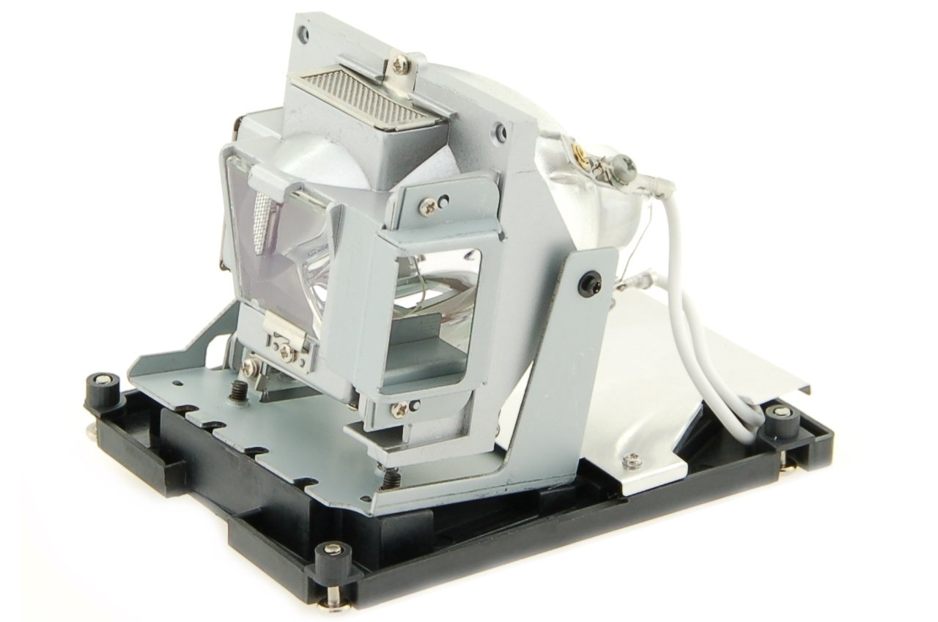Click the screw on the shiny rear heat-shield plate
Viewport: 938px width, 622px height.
(x=627, y=461)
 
